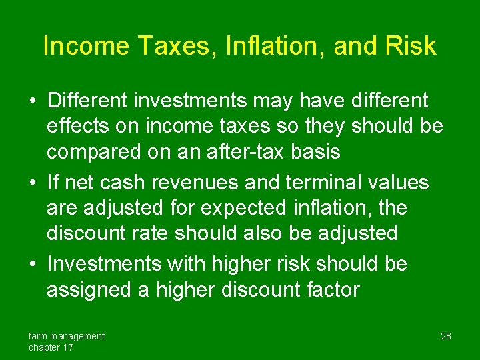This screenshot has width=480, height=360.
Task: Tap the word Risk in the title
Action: (x=411, y=46)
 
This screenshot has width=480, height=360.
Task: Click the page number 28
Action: (x=446, y=336)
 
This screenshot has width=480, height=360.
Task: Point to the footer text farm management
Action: (x=66, y=336)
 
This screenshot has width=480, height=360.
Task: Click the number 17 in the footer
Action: (x=67, y=347)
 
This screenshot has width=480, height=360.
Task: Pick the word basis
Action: (x=317, y=152)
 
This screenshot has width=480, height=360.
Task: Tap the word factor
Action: (x=328, y=289)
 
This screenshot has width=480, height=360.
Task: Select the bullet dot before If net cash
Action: (x=32, y=182)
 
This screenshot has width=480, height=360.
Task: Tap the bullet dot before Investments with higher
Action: (x=32, y=264)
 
